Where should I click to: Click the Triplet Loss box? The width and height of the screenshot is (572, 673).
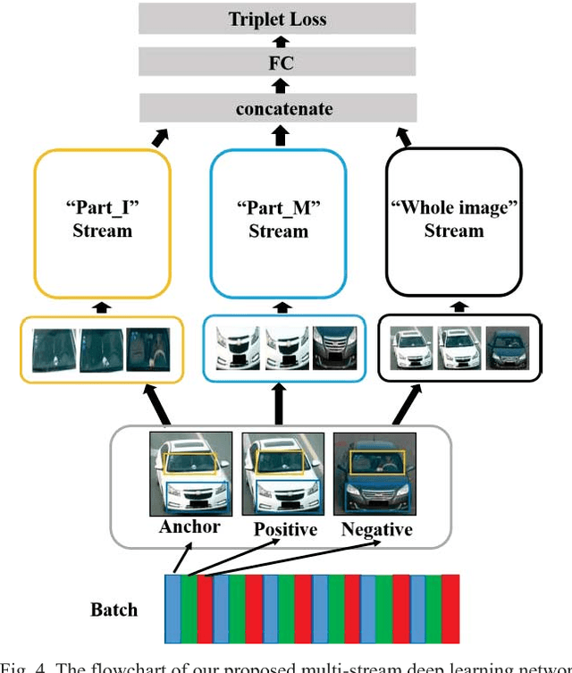(x=277, y=19)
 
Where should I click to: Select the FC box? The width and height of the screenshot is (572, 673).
(x=277, y=64)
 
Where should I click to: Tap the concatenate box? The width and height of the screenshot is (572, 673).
(x=277, y=109)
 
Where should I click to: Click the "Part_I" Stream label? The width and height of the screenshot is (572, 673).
(x=102, y=220)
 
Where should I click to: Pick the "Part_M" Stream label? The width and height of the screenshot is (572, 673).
(x=277, y=220)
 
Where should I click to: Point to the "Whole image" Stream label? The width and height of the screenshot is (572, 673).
(x=453, y=220)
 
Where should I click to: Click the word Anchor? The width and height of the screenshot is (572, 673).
(x=189, y=526)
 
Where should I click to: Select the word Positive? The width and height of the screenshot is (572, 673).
(x=285, y=530)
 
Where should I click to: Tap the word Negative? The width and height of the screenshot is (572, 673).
(x=376, y=530)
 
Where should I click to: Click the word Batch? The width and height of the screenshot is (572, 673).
(x=114, y=610)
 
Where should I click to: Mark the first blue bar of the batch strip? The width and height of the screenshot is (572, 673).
(x=172, y=609)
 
